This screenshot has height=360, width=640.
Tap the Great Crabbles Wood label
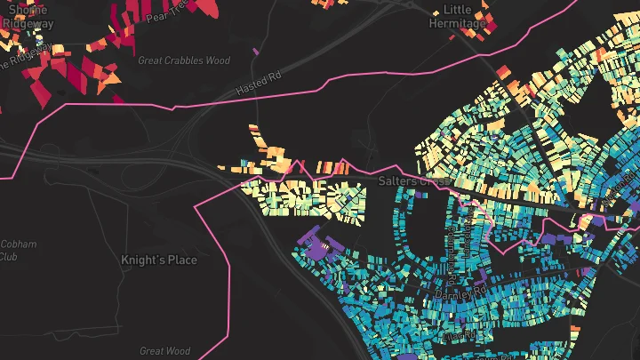point(184,60)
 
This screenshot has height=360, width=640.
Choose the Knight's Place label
point(159,260)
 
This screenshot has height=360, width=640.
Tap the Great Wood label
point(165,351)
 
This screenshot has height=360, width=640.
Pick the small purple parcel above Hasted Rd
point(255,52)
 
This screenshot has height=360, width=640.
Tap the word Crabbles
point(185,60)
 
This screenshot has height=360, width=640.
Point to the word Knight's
point(141,260)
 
